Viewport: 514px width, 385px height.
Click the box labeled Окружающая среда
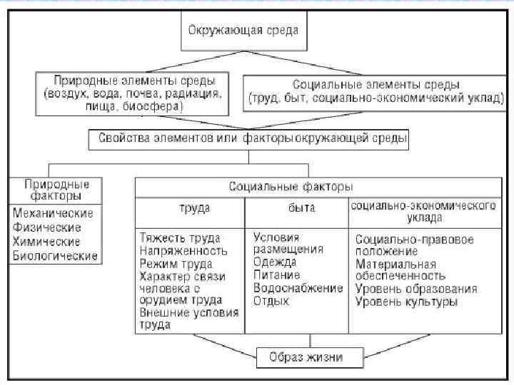[243, 32]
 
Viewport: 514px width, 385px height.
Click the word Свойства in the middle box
[124, 138]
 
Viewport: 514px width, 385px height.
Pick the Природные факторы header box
[55, 190]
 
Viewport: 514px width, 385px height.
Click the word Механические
[54, 213]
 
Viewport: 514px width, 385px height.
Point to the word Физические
[47, 227]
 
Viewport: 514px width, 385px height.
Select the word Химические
[46, 242]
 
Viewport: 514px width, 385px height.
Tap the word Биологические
[55, 256]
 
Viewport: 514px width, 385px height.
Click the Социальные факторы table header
[291, 187]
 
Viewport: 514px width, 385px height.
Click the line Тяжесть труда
[180, 237]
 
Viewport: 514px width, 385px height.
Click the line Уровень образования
[416, 289]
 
